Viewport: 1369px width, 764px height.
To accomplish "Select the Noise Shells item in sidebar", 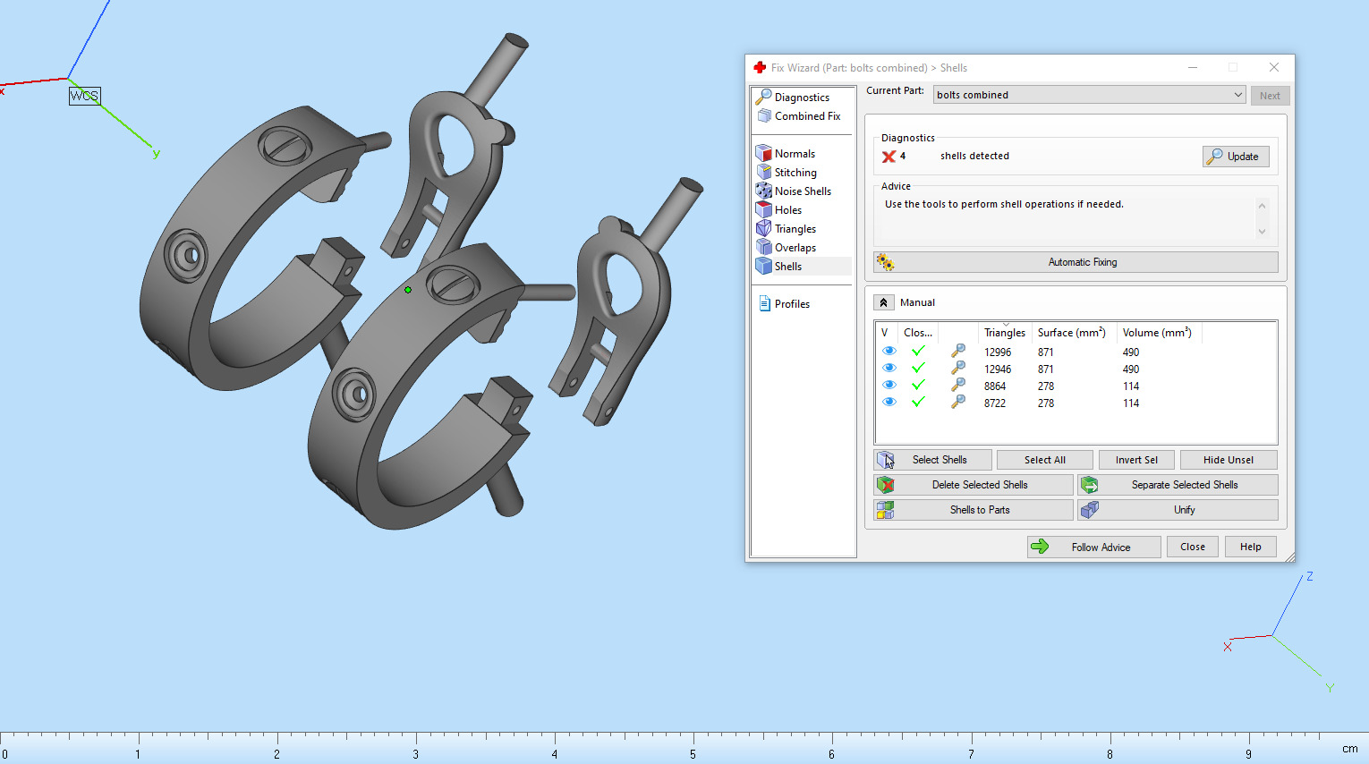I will pos(803,191).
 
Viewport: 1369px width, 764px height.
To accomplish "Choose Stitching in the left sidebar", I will pos(795,173).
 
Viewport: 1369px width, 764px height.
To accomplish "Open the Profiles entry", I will pos(791,304).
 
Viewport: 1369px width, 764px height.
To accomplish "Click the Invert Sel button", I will pos(1136,460).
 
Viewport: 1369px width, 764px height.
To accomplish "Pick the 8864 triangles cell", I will pos(995,386).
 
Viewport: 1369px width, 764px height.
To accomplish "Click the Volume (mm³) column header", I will pos(1156,333).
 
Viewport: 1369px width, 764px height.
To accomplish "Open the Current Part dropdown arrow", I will pos(1237,95).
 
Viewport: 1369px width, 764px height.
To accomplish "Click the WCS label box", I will pos(85,96).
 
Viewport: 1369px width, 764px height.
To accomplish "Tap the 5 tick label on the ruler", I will pos(693,754).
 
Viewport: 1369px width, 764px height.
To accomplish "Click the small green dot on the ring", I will pos(408,290).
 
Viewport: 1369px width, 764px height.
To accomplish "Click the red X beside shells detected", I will pos(889,157).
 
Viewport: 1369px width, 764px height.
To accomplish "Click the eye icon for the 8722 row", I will pos(889,403).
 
